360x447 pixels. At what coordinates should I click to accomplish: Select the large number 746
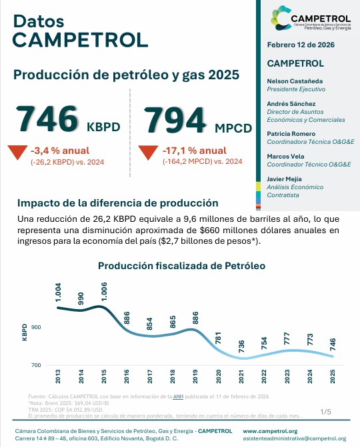coord(46,119)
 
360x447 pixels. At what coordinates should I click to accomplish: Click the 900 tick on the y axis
coord(35,327)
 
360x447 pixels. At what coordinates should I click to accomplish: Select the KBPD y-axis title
coord(25,332)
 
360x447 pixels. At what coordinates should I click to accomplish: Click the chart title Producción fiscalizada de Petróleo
coord(181,265)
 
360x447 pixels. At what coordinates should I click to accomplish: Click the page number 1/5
coord(325,412)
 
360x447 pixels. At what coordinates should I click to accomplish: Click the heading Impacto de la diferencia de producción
coord(118,203)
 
